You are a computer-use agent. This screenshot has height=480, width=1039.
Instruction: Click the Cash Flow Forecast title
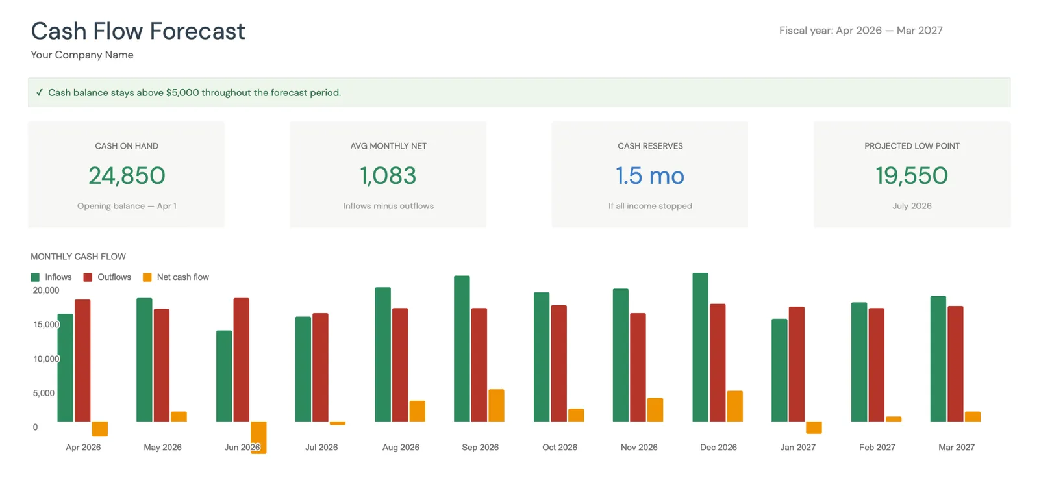point(138,31)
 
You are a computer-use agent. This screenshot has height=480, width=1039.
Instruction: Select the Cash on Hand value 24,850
point(127,175)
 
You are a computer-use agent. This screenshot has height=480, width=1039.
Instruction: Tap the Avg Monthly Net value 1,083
point(388,175)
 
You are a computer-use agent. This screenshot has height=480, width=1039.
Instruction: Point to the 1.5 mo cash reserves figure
point(649,175)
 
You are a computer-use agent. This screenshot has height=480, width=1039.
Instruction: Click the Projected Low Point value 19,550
point(912,175)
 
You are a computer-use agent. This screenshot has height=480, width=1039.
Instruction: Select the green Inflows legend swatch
point(35,277)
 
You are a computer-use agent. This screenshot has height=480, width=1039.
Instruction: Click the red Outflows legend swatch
point(88,277)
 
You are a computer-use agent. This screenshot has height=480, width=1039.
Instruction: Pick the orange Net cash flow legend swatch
point(147,277)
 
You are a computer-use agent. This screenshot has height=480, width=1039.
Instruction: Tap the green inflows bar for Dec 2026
point(700,347)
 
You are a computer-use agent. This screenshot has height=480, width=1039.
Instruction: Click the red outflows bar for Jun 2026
point(241,360)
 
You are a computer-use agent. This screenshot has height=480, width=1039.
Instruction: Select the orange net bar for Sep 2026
point(496,405)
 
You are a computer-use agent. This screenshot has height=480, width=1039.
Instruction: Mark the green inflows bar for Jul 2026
point(303,369)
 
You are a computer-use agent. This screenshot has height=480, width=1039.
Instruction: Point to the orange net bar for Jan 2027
point(814,427)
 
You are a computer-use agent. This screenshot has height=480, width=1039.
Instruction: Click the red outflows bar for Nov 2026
point(638,368)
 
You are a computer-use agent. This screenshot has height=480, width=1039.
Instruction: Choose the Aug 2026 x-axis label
point(401,448)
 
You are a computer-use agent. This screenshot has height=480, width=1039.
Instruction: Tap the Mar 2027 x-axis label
point(956,448)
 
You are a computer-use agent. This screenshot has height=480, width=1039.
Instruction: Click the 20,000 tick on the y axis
point(46,290)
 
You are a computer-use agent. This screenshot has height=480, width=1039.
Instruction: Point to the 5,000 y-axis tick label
point(44,393)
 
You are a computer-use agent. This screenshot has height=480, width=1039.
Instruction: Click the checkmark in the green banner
point(40,93)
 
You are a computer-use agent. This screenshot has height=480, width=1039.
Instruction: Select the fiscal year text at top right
point(860,31)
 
